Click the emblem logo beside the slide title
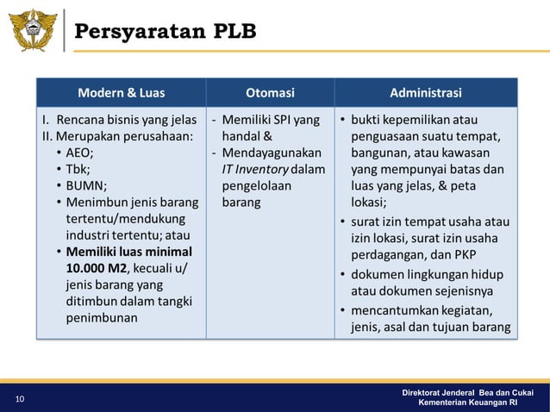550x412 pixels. pos(33,32)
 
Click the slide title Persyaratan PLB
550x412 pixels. pos(165,33)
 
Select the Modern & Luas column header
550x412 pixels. pos(122,93)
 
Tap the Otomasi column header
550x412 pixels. pos(270,93)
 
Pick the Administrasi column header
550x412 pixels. pos(425,93)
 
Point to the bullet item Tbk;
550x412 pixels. pos(78,169)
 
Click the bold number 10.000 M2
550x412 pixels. pos(96,269)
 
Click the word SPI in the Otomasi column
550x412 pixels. pos(281,120)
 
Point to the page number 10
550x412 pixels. pos(19,399)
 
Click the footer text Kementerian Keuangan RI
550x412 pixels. pos(467,403)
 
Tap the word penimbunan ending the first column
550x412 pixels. pos(102,318)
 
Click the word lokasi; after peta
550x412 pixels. pos(368,203)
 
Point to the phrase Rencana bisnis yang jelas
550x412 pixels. pos(126,120)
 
